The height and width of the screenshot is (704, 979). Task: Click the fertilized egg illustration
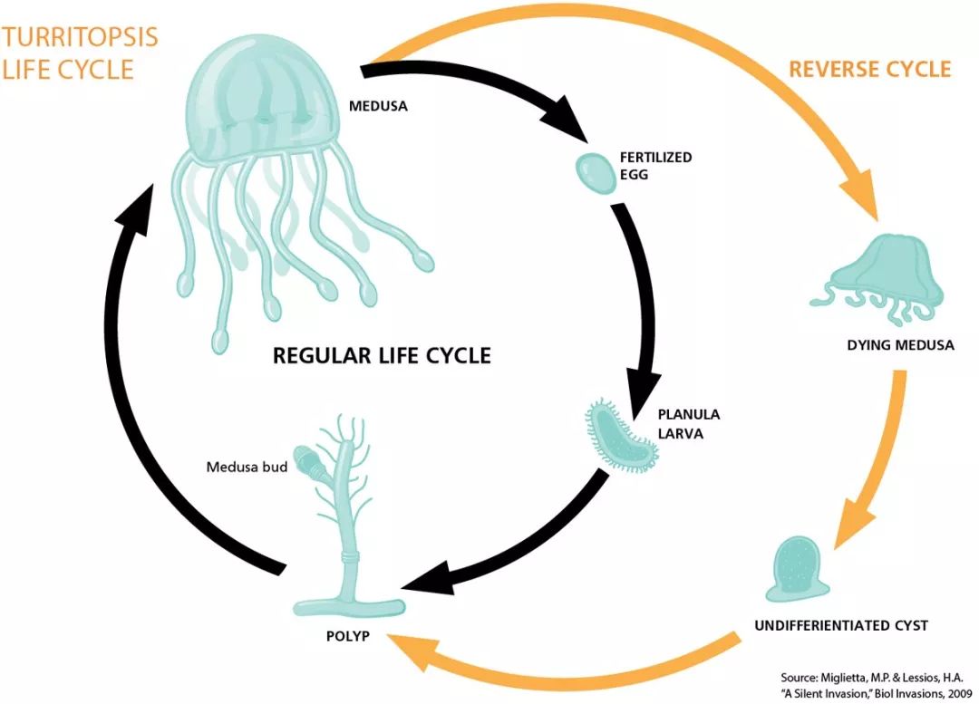coord(594,172)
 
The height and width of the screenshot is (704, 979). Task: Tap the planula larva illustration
coord(622,435)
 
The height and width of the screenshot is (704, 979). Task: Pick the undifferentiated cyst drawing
coord(798,570)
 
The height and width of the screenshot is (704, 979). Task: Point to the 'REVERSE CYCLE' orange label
coord(870,70)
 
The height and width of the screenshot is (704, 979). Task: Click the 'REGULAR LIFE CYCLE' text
coord(382,355)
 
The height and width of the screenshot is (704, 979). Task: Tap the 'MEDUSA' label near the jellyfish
coord(378,106)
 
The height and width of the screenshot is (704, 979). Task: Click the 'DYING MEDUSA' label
coord(900,345)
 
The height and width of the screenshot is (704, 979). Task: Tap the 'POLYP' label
coord(346,635)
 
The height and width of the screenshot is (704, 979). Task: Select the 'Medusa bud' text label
coord(247,468)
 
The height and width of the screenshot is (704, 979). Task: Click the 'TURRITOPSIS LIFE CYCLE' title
coord(80,53)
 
